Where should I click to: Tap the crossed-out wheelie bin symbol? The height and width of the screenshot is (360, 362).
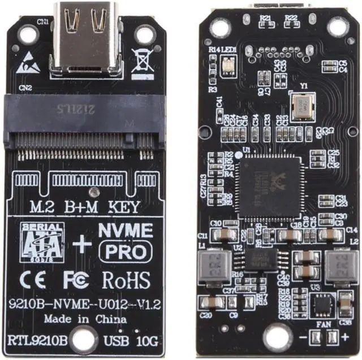[x=142, y=61]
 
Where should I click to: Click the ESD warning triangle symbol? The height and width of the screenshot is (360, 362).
[x=28, y=63]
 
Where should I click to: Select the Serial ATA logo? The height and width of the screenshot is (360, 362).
[x=42, y=242]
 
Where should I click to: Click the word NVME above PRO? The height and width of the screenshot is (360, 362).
[x=126, y=231]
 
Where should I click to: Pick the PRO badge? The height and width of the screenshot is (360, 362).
[x=125, y=251]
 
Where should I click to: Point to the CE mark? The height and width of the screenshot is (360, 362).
[x=34, y=280]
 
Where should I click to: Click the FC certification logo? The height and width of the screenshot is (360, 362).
[x=76, y=280]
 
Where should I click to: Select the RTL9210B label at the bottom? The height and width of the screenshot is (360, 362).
[x=39, y=341]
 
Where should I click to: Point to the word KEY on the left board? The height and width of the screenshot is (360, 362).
[x=123, y=207]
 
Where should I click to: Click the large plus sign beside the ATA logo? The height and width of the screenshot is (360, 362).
[x=81, y=244]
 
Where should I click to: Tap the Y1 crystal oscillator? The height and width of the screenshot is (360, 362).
[x=300, y=105]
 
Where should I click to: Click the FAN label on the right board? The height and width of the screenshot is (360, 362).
[x=323, y=324]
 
